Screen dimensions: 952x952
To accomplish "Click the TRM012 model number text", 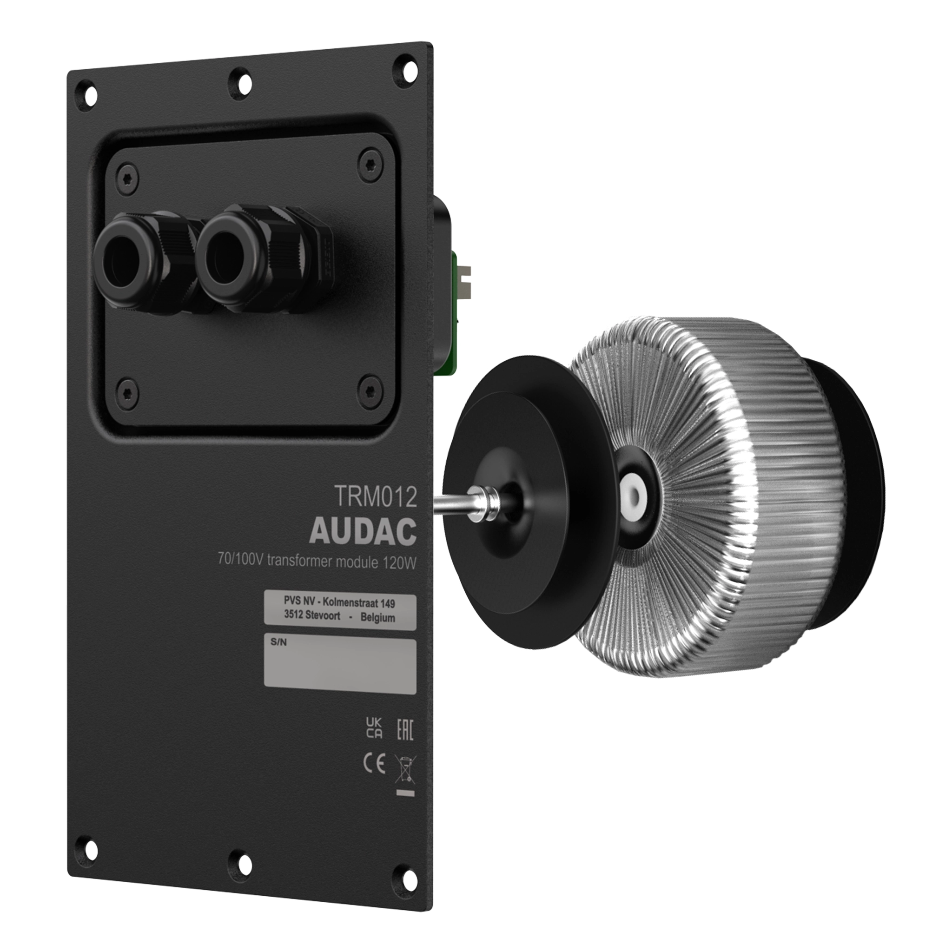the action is (x=376, y=497).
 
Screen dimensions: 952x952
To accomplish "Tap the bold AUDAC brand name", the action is (x=363, y=531).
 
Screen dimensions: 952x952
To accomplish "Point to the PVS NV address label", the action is (x=340, y=612).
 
